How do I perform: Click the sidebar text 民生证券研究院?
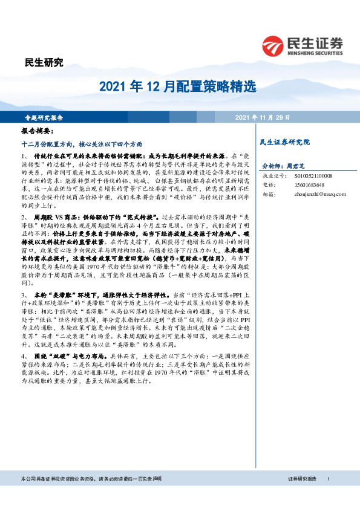click(x=284, y=142)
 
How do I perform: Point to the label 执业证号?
click(x=272, y=175)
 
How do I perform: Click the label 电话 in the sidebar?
click(x=268, y=184)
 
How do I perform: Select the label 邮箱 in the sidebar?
click(x=268, y=194)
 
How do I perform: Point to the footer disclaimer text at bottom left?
click(x=91, y=496)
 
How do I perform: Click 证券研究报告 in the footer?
click(x=302, y=496)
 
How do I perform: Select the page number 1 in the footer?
click(x=327, y=496)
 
